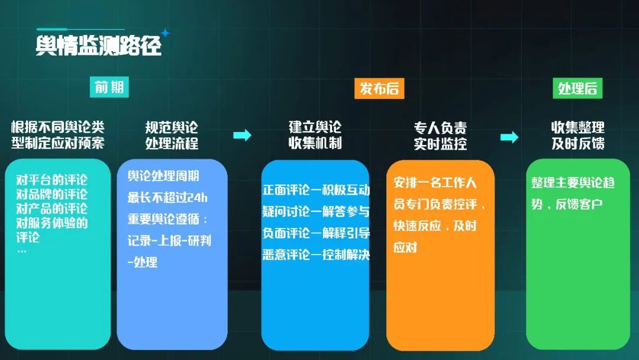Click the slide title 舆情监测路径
point(99,46)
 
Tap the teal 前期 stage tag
point(109,87)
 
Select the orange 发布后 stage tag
point(379,88)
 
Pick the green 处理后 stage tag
point(577,88)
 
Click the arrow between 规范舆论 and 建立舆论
point(242,135)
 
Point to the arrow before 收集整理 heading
point(509,137)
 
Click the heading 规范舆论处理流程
point(172,136)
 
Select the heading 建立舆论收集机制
point(315,135)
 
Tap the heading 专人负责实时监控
point(440,136)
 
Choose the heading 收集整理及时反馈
point(578,136)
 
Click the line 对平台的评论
point(51,180)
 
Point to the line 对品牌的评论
point(51,194)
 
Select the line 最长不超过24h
point(167,198)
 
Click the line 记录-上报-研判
point(169,240)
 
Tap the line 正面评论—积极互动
point(316,190)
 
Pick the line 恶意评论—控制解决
point(316,255)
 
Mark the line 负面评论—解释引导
point(316,233)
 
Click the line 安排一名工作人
point(435,182)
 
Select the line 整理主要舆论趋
point(573,182)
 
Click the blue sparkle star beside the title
point(165,33)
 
